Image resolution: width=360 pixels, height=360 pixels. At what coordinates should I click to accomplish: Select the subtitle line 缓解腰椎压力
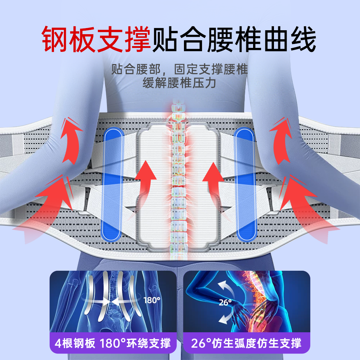[179, 83]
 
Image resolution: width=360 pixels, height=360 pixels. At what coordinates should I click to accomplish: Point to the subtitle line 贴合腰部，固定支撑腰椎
[179, 69]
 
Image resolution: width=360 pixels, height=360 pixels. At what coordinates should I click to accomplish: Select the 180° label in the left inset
[152, 300]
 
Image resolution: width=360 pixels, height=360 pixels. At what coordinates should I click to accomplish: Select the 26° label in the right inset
[225, 302]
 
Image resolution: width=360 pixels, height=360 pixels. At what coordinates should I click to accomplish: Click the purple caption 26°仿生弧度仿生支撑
[247, 343]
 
